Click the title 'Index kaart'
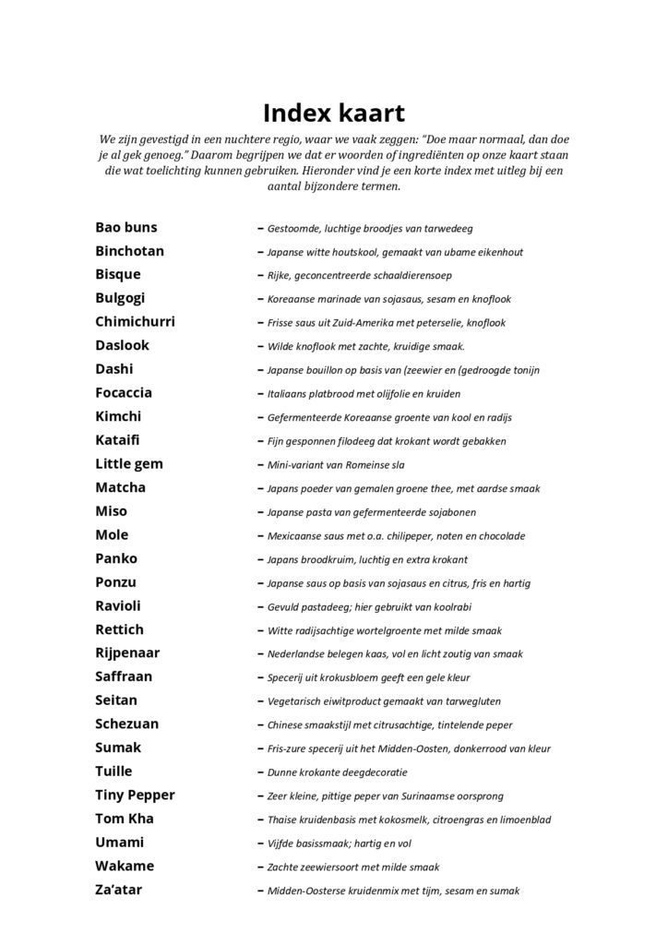tap(333, 113)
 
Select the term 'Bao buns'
tap(126, 227)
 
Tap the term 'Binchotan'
tap(130, 251)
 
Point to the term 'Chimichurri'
tap(135, 322)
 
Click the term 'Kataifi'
tap(118, 440)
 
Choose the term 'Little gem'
tap(128, 464)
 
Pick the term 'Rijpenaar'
tap(127, 652)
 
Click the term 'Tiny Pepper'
tap(135, 795)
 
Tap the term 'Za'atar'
tap(119, 890)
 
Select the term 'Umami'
tap(120, 843)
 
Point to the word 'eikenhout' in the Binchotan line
tap(497, 252)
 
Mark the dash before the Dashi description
tap(260, 370)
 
